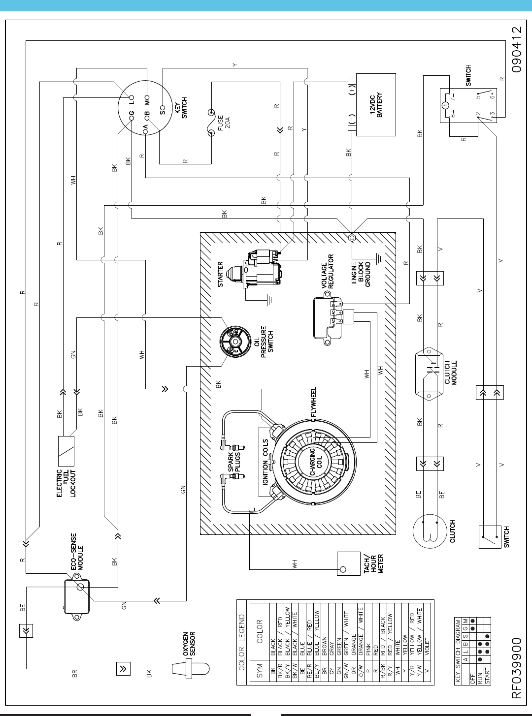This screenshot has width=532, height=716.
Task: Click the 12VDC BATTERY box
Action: (x=376, y=105)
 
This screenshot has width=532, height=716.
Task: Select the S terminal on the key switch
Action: (x=163, y=107)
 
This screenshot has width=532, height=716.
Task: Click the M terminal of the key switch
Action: (x=147, y=97)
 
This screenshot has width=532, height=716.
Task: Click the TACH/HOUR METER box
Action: (x=348, y=563)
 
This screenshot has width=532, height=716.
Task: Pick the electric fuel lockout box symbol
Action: (x=66, y=451)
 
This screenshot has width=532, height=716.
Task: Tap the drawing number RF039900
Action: (x=516, y=667)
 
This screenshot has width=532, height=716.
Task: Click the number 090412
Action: (x=516, y=50)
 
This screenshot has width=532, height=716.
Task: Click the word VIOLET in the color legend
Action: (x=427, y=649)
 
